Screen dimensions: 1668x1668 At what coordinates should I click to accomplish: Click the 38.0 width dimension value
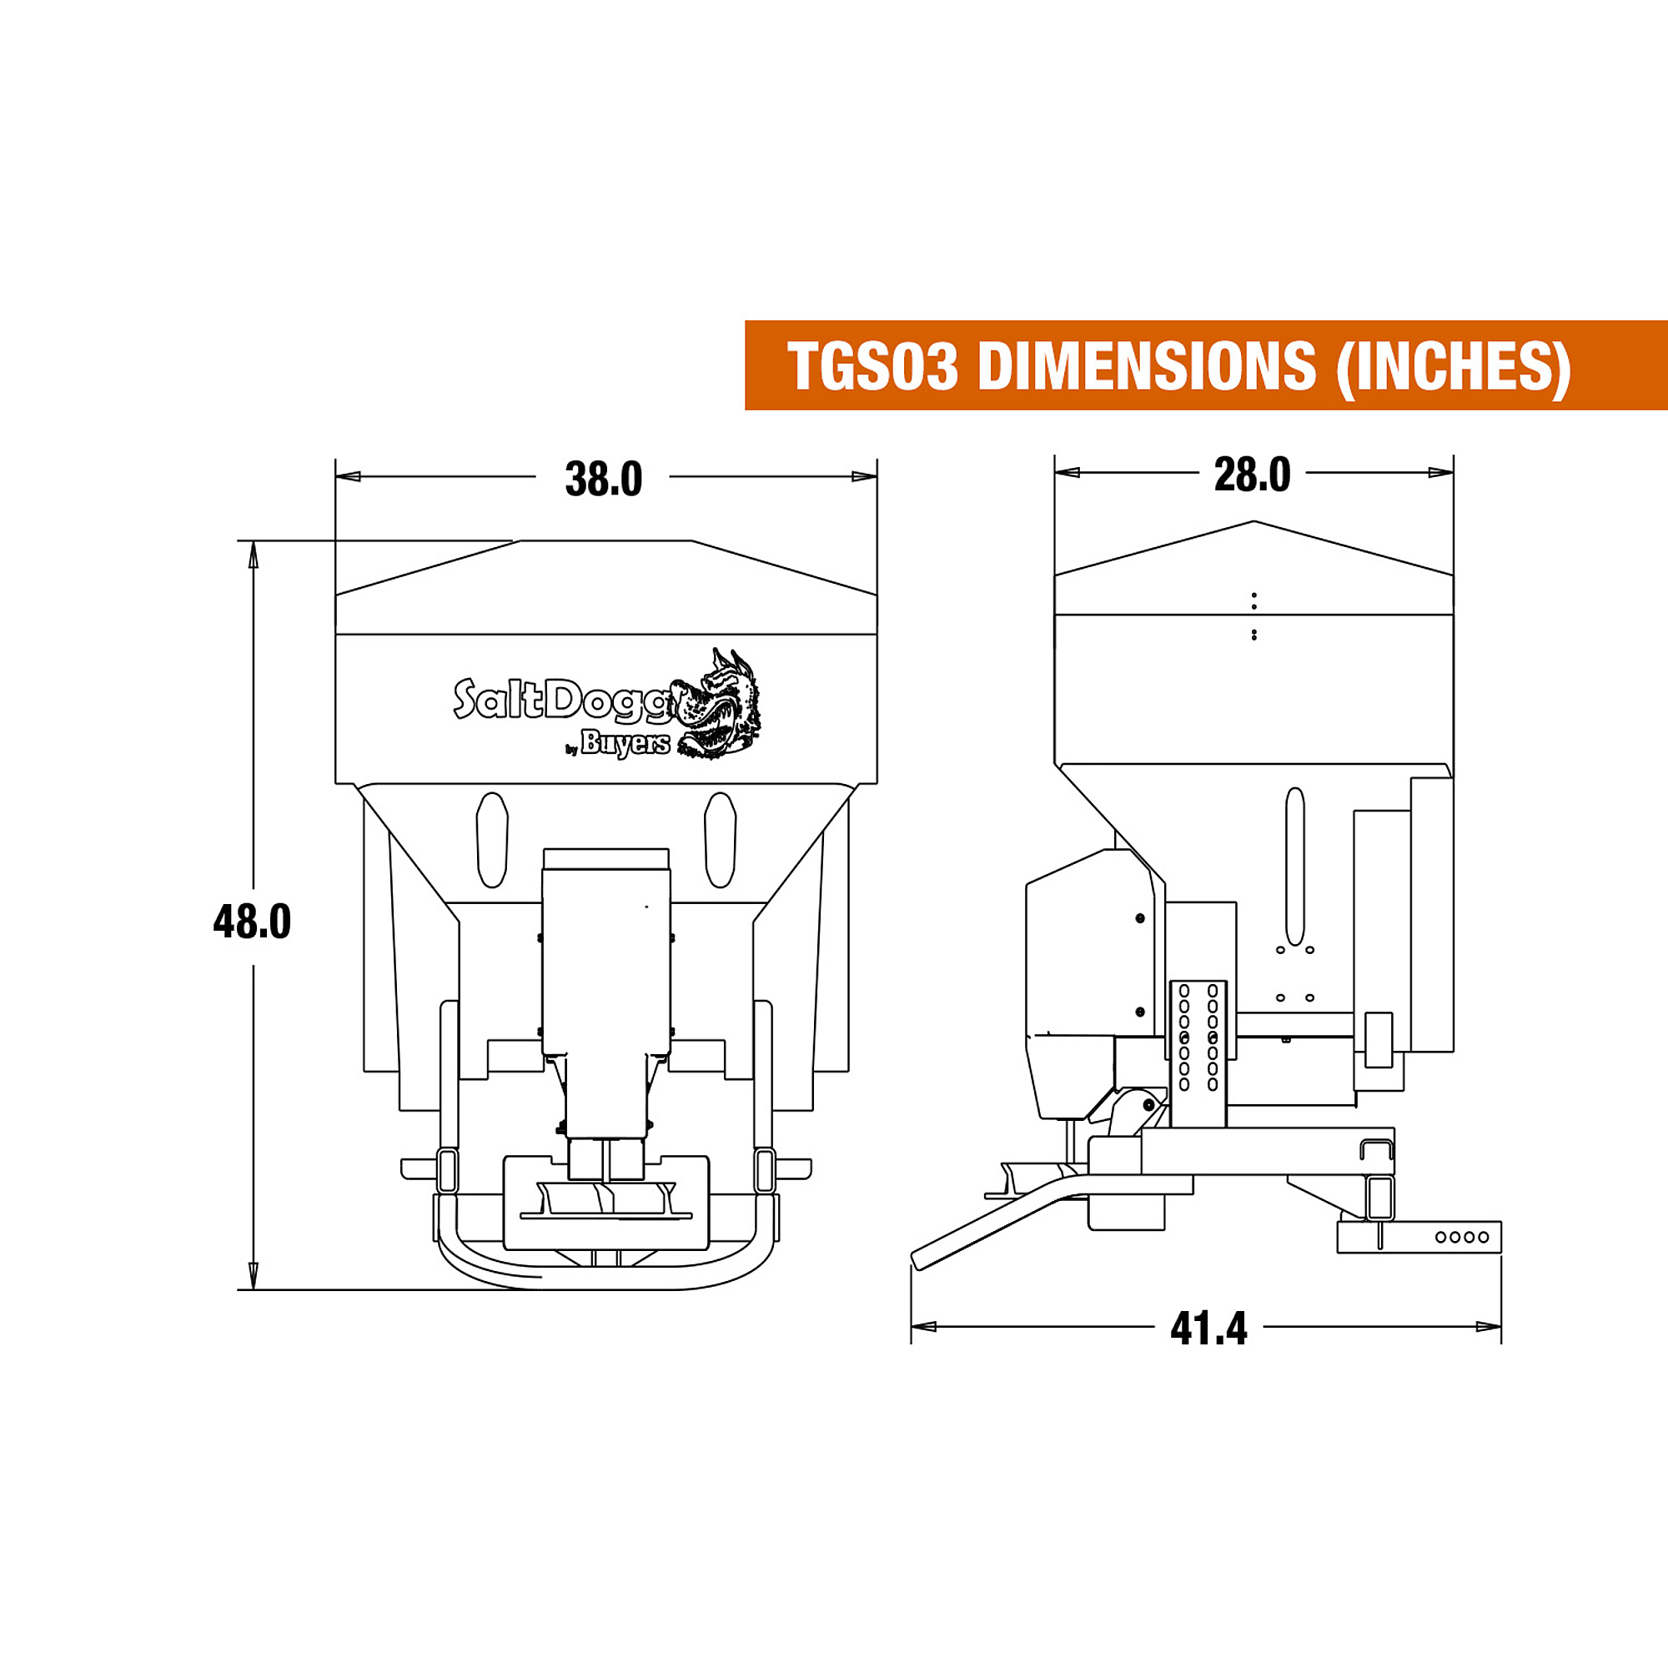coord(604,480)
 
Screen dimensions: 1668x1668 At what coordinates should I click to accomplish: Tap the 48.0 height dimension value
coord(252,922)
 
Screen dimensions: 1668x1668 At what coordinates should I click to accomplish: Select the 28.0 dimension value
coord(1252,475)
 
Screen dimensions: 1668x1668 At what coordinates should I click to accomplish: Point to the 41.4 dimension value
coord(1208,1329)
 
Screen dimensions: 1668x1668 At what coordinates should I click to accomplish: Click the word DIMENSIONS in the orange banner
coord(1147,366)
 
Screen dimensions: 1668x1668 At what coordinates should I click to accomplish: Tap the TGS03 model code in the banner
coord(873,366)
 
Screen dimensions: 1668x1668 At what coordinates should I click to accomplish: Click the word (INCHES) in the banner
coord(1453,368)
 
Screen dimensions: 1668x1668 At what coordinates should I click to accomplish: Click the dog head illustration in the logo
coord(718,704)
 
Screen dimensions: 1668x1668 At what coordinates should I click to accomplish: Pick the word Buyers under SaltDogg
coord(625,742)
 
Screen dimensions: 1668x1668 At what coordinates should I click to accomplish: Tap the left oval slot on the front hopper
coord(492,839)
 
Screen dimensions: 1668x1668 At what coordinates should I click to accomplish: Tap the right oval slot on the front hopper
coord(720,839)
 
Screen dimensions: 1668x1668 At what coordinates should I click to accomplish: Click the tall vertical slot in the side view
coord(1295,866)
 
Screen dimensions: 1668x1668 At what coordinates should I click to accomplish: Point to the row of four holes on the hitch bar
coord(1463,1236)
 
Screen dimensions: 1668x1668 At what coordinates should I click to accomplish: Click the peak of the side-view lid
coord(1254,521)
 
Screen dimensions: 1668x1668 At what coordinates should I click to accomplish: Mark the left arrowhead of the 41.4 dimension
coord(924,1326)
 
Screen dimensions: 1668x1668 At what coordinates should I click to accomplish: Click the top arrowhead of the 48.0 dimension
coord(253,555)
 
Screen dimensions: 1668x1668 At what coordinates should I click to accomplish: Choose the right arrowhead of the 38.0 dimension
coord(864,476)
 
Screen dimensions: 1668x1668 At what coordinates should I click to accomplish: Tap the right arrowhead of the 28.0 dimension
coord(1441,472)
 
